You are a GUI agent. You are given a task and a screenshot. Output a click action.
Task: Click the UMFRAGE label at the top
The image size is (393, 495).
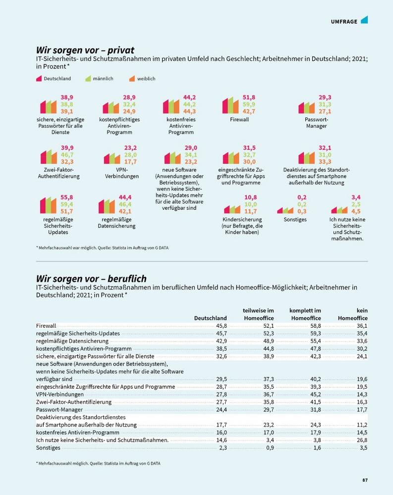344,21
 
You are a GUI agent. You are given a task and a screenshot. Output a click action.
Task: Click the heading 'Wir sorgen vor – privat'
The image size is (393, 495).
85,50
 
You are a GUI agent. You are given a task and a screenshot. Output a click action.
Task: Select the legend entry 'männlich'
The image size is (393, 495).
103,79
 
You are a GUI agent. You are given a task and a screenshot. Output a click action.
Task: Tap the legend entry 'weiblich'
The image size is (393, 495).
146,79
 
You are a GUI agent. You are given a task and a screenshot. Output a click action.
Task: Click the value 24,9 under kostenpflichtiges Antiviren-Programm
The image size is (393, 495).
129,111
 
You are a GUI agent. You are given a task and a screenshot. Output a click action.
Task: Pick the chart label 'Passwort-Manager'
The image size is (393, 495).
316,123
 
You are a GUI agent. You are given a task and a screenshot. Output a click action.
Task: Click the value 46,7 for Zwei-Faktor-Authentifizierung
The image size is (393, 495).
67,155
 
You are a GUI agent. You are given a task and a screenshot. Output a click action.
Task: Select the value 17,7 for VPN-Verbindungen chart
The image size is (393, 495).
130,162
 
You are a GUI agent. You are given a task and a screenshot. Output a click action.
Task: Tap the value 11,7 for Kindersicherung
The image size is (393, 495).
251,211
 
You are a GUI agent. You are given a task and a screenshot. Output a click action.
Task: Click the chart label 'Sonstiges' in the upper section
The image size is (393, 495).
295,219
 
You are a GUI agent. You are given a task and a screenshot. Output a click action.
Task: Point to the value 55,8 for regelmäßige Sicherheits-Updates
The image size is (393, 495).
66,197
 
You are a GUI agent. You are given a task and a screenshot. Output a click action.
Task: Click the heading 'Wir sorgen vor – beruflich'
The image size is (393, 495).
91,279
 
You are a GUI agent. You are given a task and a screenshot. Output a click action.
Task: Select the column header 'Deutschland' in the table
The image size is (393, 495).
210,318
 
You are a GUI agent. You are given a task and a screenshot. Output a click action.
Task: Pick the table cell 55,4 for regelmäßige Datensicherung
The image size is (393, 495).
314,341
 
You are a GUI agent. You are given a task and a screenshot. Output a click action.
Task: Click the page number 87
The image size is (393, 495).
365,480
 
